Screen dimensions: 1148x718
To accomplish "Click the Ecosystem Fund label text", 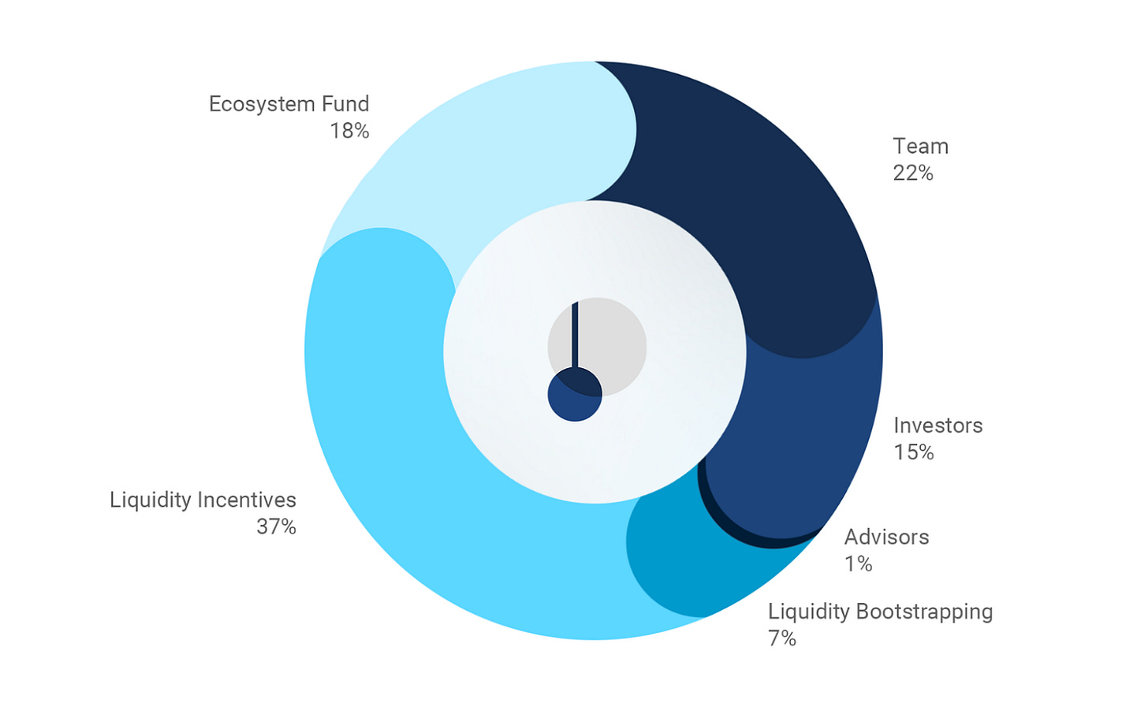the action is (x=289, y=104).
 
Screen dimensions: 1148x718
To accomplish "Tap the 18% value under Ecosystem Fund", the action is (x=349, y=131).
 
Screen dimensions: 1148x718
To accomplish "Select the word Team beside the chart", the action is (x=920, y=147).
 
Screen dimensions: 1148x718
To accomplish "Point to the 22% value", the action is (x=913, y=173).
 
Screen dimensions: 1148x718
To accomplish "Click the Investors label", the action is (x=938, y=426).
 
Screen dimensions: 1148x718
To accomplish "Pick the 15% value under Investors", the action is (x=914, y=452).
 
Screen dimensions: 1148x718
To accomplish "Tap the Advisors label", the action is (x=886, y=538).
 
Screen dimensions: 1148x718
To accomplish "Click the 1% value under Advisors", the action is (x=858, y=564).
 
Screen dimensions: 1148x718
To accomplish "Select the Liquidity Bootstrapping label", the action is (x=880, y=612).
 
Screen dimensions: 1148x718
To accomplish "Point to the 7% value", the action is (x=781, y=638).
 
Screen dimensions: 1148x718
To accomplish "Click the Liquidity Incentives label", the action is (x=203, y=500).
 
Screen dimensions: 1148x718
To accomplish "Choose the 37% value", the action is (x=276, y=526).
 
